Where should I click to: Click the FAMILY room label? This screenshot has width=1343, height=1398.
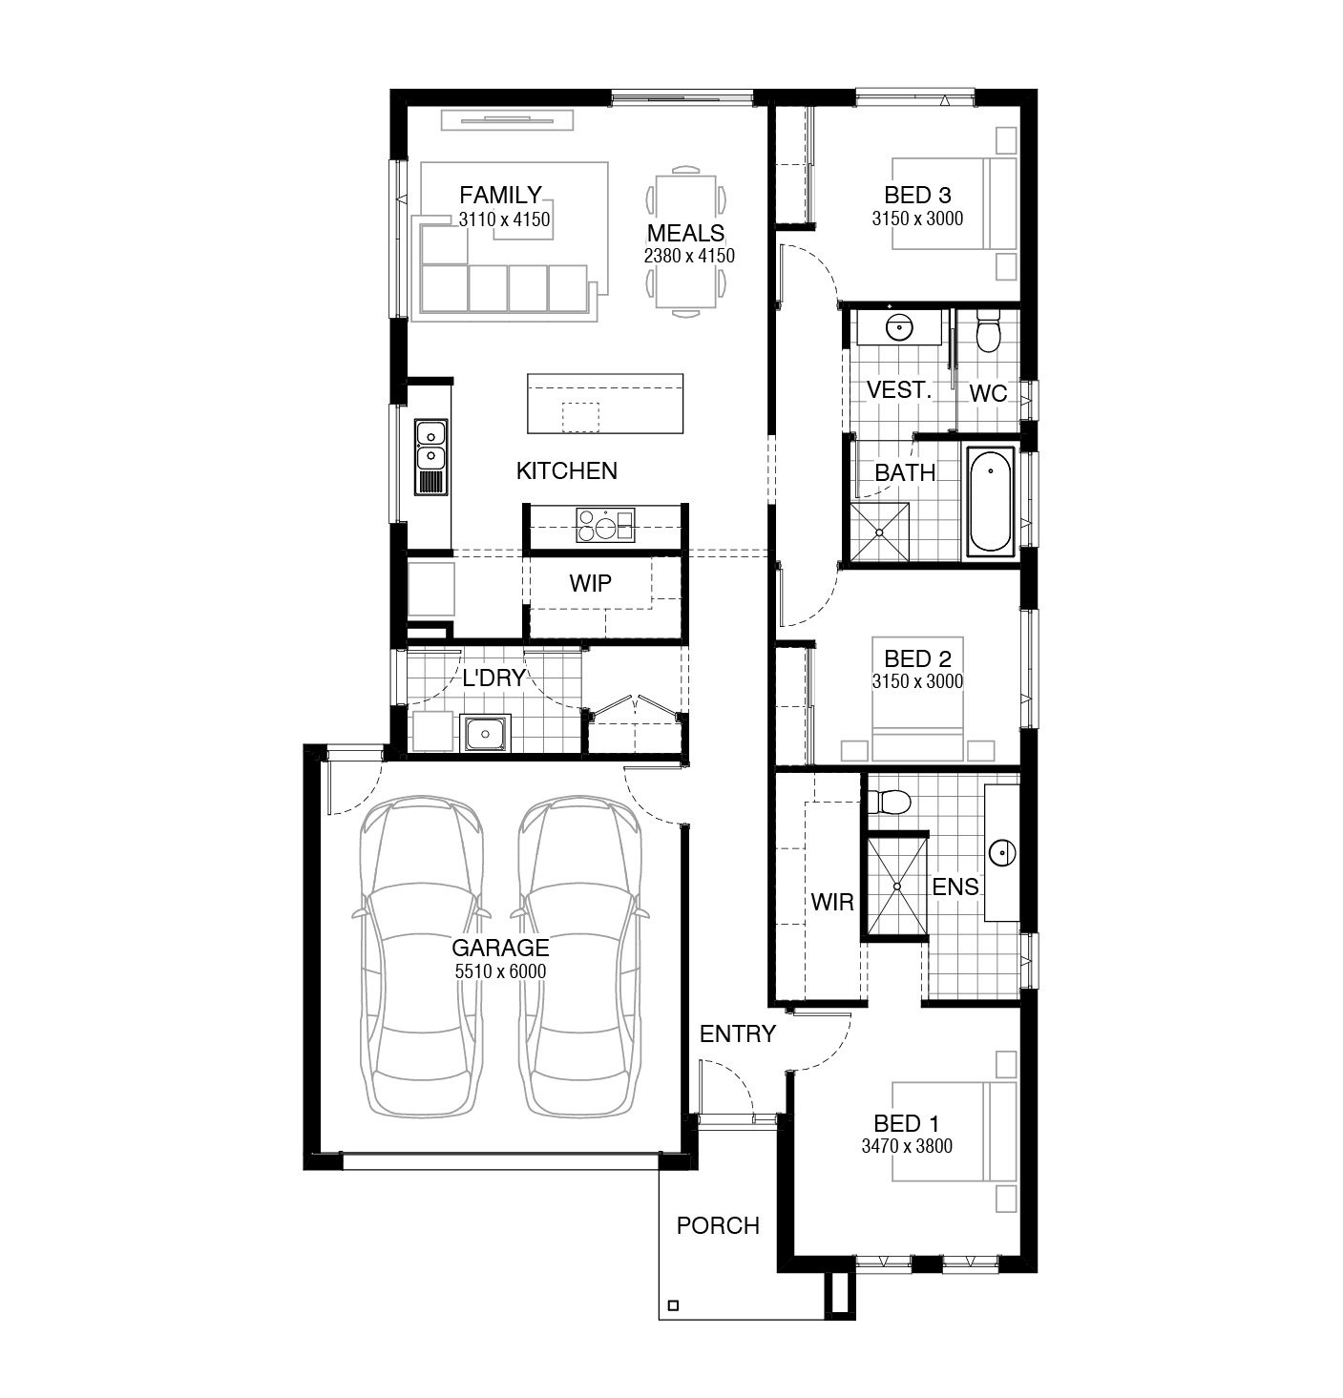pyautogui.click(x=500, y=195)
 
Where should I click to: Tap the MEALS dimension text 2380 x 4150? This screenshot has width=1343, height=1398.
pyautogui.click(x=689, y=256)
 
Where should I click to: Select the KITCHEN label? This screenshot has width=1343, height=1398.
pyautogui.click(x=566, y=470)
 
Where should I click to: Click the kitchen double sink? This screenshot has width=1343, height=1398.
pyautogui.click(x=430, y=457)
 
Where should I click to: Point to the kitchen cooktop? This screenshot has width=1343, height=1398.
pyautogui.click(x=605, y=525)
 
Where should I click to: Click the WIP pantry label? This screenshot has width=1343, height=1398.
pyautogui.click(x=590, y=583)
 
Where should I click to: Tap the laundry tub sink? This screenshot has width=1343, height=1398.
pyautogui.click(x=485, y=733)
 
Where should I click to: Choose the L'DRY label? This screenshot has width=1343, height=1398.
pyautogui.click(x=494, y=678)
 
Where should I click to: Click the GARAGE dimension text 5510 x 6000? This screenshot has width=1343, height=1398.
pyautogui.click(x=500, y=971)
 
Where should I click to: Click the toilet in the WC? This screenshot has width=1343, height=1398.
pyautogui.click(x=988, y=331)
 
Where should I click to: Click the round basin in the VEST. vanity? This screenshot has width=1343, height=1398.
pyautogui.click(x=898, y=327)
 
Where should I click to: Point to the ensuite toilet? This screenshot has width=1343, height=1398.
pyautogui.click(x=888, y=801)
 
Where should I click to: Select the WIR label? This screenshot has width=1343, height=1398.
pyautogui.click(x=832, y=902)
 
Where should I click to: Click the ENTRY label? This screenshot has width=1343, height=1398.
pyautogui.click(x=737, y=1033)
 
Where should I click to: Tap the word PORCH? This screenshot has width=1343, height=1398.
pyautogui.click(x=718, y=1225)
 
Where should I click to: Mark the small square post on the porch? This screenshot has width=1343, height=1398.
pyautogui.click(x=673, y=1305)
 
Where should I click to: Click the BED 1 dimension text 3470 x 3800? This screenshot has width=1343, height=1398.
pyautogui.click(x=907, y=1146)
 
